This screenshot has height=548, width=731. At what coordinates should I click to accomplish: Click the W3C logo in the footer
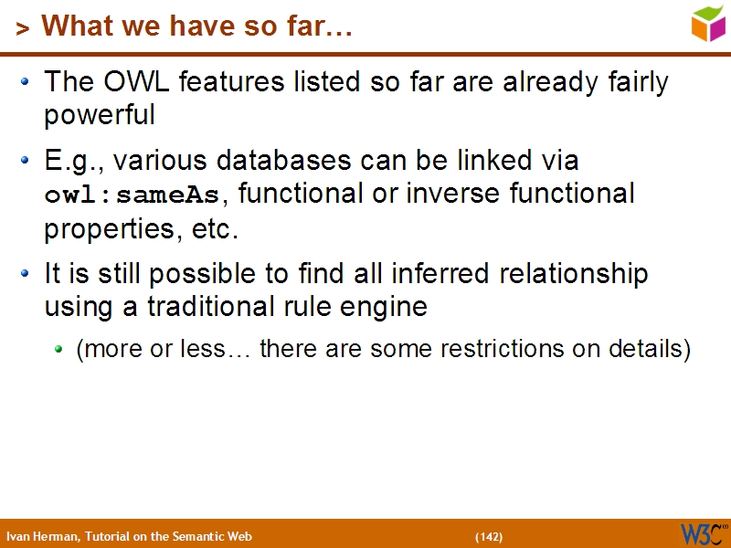pyautogui.click(x=703, y=533)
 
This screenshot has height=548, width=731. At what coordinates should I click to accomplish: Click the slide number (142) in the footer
pyautogui.click(x=488, y=536)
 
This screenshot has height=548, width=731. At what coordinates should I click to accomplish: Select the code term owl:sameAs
pyautogui.click(x=132, y=195)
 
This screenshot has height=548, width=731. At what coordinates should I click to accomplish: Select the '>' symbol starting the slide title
pyautogui.click(x=22, y=28)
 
